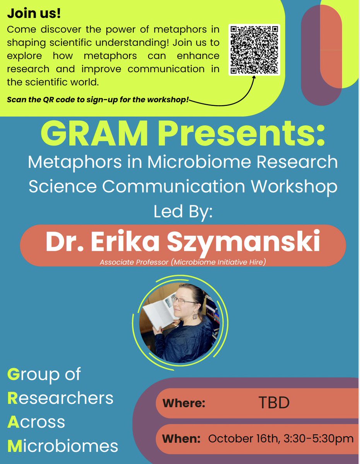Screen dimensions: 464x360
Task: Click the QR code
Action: tap(254, 50)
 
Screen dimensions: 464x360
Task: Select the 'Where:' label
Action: tap(184, 403)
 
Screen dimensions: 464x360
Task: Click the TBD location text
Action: tap(274, 403)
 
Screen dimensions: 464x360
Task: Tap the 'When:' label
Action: tap(181, 438)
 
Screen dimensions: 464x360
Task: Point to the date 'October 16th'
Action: tap(241, 438)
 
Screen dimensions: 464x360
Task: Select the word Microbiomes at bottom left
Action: tap(63, 446)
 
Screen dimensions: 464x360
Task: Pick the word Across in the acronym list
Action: tap(36, 421)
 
